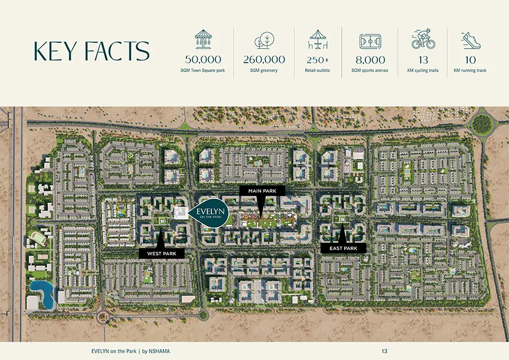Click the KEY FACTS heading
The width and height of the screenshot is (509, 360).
pos(92,51)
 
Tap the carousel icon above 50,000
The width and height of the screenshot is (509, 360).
pos(203,39)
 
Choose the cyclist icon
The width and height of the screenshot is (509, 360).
pos(423,40)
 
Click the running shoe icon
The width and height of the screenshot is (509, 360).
pos(471,40)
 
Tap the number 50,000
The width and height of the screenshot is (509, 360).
pos(203,59)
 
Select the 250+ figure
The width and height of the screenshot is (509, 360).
pos(317,59)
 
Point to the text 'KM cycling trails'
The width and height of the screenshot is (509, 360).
pos(423,70)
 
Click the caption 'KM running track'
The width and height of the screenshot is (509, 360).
pos(471,70)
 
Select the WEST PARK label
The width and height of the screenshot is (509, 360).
pos(161,252)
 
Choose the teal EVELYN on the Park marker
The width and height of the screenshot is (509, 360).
pos(210,215)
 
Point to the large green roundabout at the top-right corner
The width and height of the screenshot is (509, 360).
pos(482,124)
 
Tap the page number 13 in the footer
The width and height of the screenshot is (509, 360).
pos(384,350)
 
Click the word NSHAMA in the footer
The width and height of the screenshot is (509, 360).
pos(160,350)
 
